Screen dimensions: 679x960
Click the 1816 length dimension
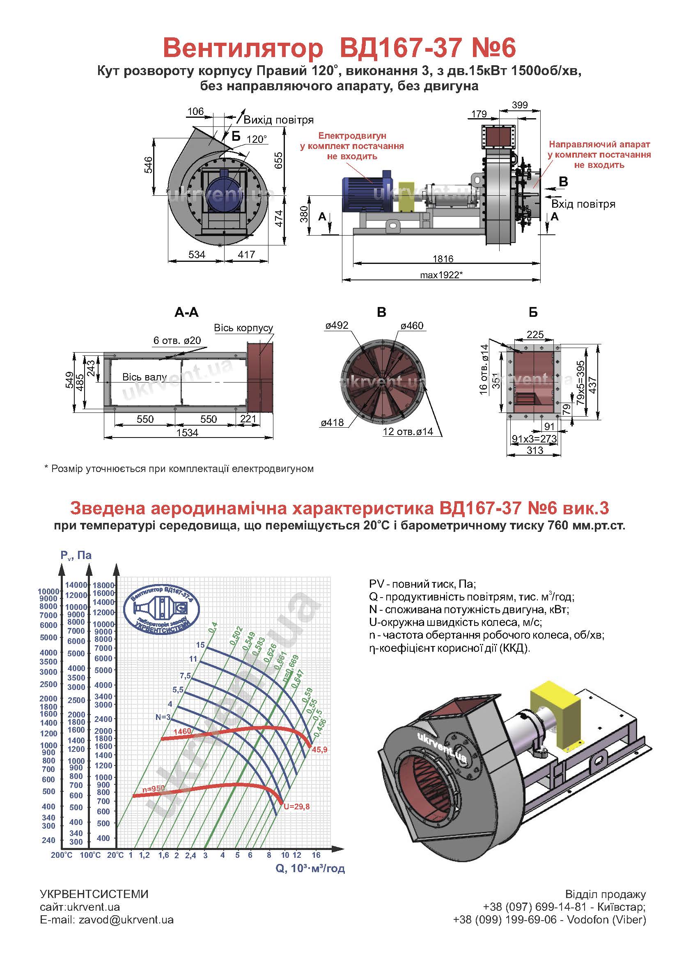tap(443, 259)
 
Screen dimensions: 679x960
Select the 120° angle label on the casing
tap(257, 139)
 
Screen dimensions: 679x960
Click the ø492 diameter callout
tap(337, 325)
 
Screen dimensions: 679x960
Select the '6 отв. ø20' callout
tap(177, 340)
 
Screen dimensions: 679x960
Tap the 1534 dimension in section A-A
tap(187, 432)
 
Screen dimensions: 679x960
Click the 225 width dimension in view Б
tap(535, 334)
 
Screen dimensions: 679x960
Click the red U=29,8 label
tap(296, 807)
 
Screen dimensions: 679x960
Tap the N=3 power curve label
tap(163, 717)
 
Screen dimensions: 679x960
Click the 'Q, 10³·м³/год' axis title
tap(310, 868)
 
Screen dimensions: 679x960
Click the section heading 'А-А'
tap(186, 312)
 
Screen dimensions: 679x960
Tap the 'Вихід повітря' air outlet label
tap(278, 120)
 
